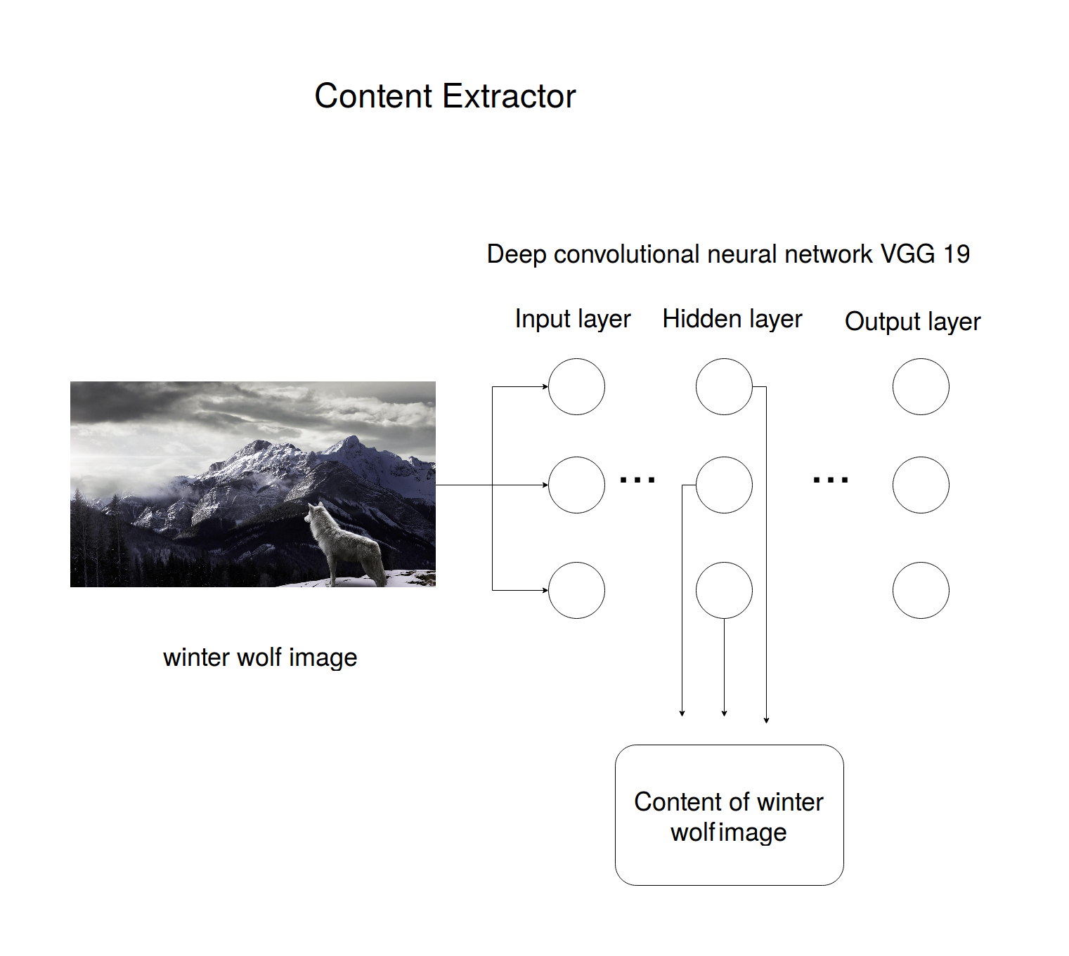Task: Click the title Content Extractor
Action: click(x=445, y=96)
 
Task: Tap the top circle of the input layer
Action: click(x=576, y=387)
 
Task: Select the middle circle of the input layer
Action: click(x=576, y=485)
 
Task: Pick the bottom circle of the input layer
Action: click(x=576, y=591)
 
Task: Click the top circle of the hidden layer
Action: click(x=724, y=387)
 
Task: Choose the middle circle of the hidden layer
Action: click(x=724, y=485)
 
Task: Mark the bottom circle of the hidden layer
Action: click(x=724, y=591)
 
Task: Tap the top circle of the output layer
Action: click(x=921, y=387)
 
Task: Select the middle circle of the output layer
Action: click(x=921, y=485)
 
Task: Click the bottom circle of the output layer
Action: click(x=921, y=591)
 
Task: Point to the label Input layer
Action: click(x=573, y=319)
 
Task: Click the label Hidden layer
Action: click(x=732, y=319)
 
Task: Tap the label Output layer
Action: click(x=912, y=322)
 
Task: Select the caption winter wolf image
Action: click(x=260, y=657)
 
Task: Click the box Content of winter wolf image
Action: click(x=729, y=815)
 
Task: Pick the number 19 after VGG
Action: click(x=957, y=254)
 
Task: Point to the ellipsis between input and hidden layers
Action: click(x=637, y=480)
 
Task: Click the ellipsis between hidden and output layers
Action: click(x=831, y=480)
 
